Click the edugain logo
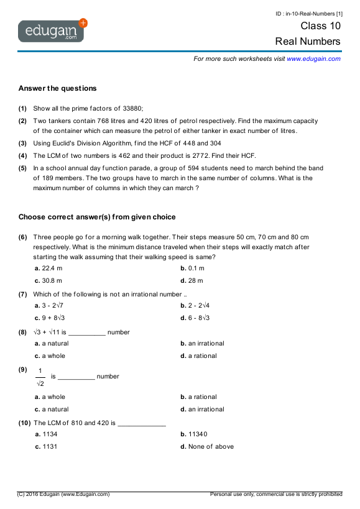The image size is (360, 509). click(53, 29)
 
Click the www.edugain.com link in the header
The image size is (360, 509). click(313, 58)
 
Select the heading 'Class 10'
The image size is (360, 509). click(320, 26)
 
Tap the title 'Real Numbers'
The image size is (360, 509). click(308, 42)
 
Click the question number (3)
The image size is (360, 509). click(22, 143)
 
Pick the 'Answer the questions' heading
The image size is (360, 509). click(57, 88)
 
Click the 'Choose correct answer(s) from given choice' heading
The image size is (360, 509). click(97, 217)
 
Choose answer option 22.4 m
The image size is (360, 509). click(48, 268)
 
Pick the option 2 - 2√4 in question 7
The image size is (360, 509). click(195, 306)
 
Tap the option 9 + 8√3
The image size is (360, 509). click(50, 318)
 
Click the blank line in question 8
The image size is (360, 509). click(87, 332)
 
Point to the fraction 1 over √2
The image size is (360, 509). click(40, 377)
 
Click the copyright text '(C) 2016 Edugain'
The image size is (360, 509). click(63, 494)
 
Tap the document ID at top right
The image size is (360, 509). click(309, 13)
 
